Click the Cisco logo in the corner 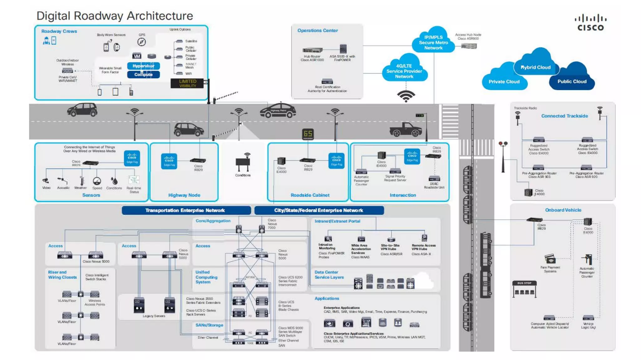tap(590, 23)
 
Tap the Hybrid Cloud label tap(535, 67)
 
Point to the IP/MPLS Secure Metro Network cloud tap(433, 42)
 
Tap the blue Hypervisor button tap(143, 66)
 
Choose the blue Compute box tap(143, 74)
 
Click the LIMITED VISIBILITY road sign tap(187, 83)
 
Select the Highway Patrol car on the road tap(278, 111)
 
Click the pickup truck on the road tap(406, 129)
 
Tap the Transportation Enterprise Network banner tap(185, 210)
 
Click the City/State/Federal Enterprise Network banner tap(319, 210)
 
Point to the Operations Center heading tap(317, 30)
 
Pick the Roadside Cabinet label tap(310, 195)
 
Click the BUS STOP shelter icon tap(524, 289)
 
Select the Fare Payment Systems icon tap(550, 259)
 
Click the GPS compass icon tap(141, 42)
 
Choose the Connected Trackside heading tap(564, 116)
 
